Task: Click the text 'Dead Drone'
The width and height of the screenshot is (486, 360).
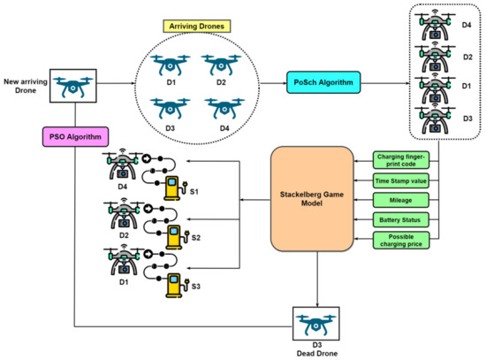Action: coord(316,352)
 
